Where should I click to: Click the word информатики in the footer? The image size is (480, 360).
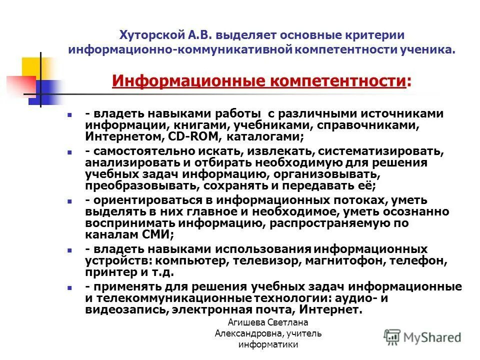point(268,344)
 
